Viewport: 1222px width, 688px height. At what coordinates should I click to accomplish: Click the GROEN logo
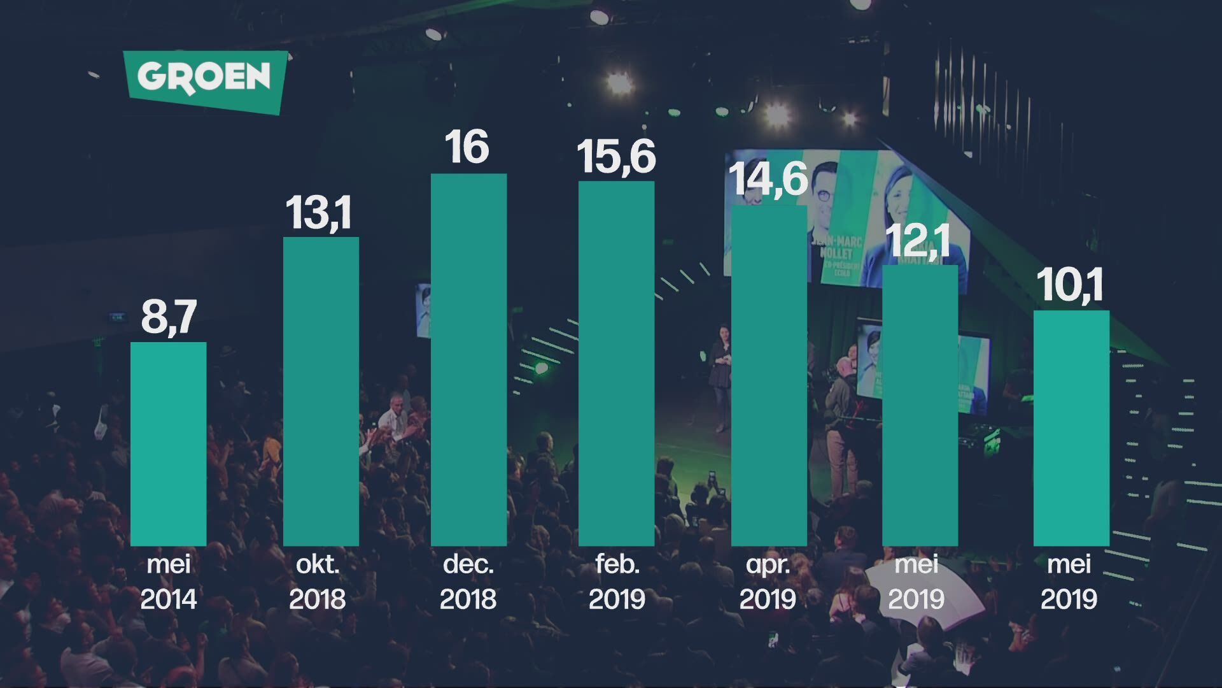[x=205, y=80]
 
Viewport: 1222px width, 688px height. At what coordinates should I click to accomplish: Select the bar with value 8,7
[x=168, y=444]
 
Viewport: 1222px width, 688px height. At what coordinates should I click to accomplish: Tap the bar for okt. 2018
[x=321, y=391]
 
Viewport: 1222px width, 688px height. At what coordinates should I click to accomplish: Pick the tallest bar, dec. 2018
[x=468, y=359]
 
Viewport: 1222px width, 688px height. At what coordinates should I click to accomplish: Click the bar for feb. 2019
[x=616, y=363]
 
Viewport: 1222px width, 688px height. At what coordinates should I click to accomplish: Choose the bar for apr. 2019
[x=769, y=375]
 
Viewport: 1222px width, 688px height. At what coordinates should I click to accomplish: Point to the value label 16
[x=467, y=148]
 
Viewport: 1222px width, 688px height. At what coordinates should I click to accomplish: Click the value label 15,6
[x=615, y=157]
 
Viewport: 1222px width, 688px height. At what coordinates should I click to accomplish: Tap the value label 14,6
[x=768, y=179]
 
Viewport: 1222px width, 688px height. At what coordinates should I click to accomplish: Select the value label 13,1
[x=318, y=213]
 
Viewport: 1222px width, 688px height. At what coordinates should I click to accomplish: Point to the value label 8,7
[x=169, y=317]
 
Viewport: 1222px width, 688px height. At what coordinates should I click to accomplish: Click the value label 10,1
[x=1070, y=285]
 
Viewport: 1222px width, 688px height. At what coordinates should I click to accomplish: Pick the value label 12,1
[x=918, y=241]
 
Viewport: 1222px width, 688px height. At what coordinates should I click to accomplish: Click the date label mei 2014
[x=169, y=582]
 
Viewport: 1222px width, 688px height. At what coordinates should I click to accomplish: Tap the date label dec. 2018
[x=468, y=582]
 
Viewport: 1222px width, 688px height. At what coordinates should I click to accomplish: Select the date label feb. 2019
[x=617, y=582]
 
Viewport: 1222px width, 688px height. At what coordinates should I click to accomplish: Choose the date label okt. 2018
[x=318, y=582]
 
